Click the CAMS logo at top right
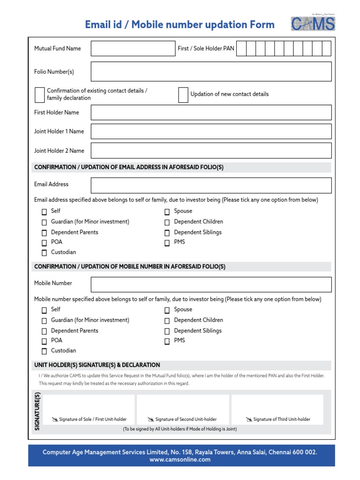click(x=313, y=24)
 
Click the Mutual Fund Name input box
click(x=132, y=49)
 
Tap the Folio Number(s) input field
click(x=211, y=72)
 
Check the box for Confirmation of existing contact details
click(x=40, y=95)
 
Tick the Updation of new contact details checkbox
click(x=183, y=95)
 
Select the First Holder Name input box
click(x=211, y=112)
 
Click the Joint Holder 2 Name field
click(x=211, y=150)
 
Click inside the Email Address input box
click(x=211, y=185)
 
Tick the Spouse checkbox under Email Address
click(x=167, y=212)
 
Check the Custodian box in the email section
click(x=44, y=253)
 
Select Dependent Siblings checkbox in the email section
click(x=167, y=233)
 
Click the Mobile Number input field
click(x=211, y=285)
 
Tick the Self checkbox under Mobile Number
click(x=44, y=310)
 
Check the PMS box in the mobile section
click(x=167, y=341)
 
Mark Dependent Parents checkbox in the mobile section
click(x=44, y=331)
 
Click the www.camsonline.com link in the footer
click(x=180, y=460)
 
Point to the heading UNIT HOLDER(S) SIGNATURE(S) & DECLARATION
click(x=97, y=365)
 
